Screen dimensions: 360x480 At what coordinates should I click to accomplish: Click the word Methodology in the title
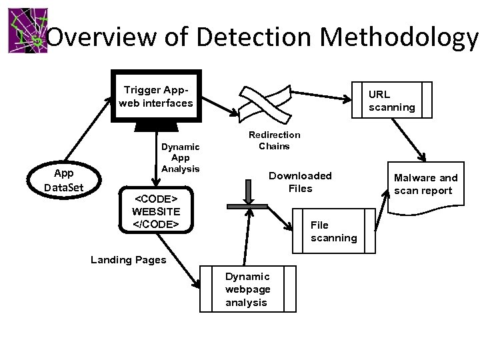point(399,38)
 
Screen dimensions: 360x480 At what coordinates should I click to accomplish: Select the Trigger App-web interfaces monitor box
point(155,96)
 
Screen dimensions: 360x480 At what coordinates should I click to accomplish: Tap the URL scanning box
point(391,100)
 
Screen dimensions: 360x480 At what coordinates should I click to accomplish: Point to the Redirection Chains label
point(274,140)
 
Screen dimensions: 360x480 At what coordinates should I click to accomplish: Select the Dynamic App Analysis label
point(181,158)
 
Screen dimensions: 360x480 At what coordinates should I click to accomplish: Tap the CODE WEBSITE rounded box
point(155,211)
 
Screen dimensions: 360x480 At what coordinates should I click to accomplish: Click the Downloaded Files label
point(300,182)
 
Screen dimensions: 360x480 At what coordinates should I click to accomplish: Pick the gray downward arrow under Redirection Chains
point(248,193)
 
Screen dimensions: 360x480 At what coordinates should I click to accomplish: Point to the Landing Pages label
point(128,260)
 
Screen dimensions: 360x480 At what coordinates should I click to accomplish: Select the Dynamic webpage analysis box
point(247,289)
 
